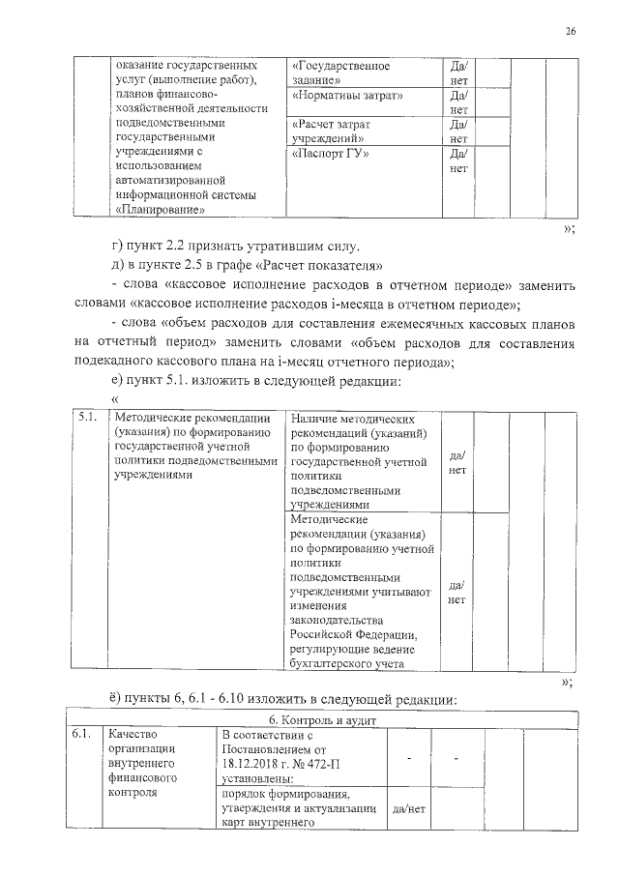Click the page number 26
571,32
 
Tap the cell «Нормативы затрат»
347,97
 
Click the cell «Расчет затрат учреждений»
332,132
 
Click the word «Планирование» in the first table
160,209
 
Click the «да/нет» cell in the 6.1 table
408,808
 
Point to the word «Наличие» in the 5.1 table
313,419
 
